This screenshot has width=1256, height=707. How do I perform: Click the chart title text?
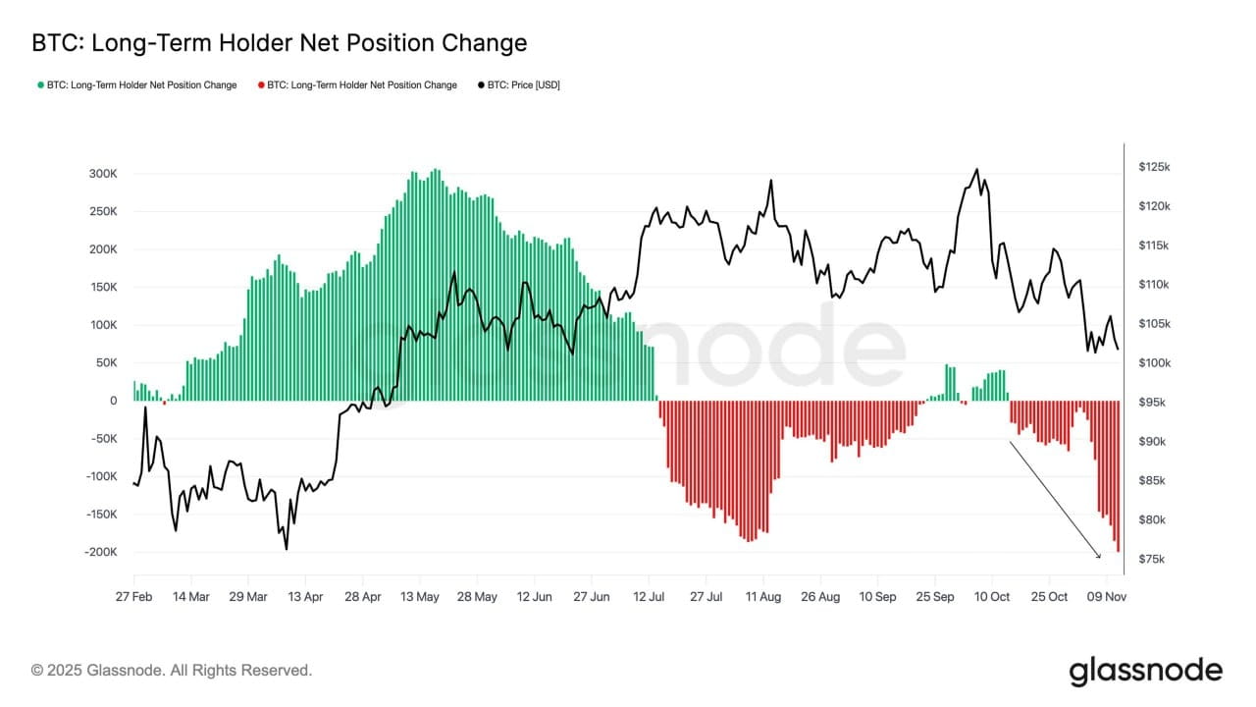pyautogui.click(x=280, y=43)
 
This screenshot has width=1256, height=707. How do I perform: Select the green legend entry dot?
pyautogui.click(x=40, y=85)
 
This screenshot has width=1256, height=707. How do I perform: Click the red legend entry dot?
pyautogui.click(x=261, y=85)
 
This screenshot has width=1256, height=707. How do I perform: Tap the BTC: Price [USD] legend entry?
pyautogui.click(x=520, y=85)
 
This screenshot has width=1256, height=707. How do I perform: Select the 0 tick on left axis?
pyautogui.click(x=113, y=401)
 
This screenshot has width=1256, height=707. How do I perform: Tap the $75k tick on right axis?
pyautogui.click(x=1150, y=560)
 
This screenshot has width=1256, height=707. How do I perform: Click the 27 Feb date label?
pyautogui.click(x=133, y=597)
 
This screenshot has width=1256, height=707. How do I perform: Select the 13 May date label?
pyautogui.click(x=420, y=597)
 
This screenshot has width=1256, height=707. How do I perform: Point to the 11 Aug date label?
pyautogui.click(x=763, y=597)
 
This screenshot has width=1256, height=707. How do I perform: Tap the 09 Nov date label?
pyautogui.click(x=1107, y=597)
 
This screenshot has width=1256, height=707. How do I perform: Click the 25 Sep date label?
pyautogui.click(x=935, y=597)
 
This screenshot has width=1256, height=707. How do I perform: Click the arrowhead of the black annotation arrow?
pyautogui.click(x=1098, y=555)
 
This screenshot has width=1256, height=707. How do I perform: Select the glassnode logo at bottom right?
pyautogui.click(x=1145, y=671)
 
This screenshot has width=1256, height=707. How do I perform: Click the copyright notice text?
pyautogui.click(x=172, y=671)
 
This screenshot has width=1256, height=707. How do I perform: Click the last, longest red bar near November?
pyautogui.click(x=1118, y=476)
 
